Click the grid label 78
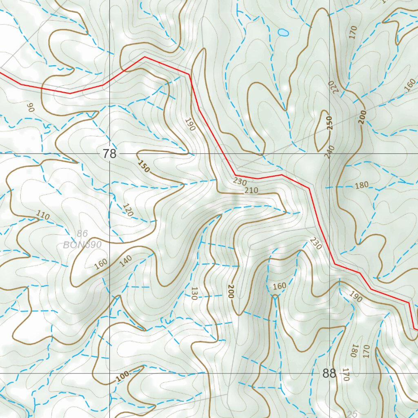[109, 154]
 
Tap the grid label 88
[329, 374]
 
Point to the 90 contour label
[30, 108]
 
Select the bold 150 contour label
[143, 166]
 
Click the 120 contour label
[127, 209]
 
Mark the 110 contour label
[43, 215]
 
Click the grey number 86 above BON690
[82, 234]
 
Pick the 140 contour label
[126, 261]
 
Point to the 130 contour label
[194, 293]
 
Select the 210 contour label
[251, 190]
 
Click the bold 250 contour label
[330, 123]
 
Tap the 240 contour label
[330, 151]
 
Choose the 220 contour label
[334, 87]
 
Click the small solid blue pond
[282, 32]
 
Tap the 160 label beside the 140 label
[100, 265]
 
